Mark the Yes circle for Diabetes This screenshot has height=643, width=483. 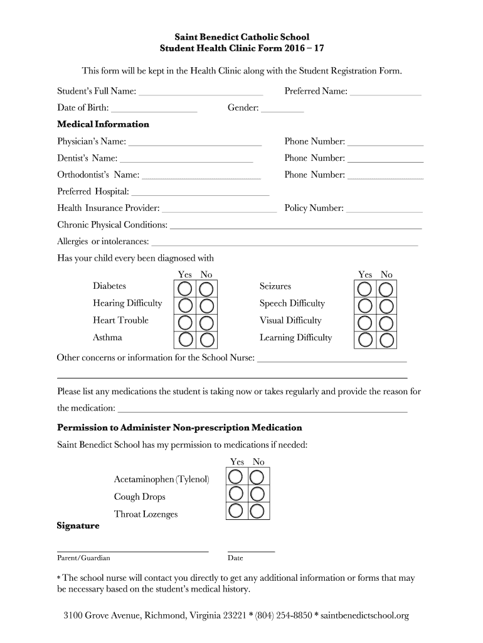click(x=185, y=289)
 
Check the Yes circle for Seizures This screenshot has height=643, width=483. click(x=364, y=289)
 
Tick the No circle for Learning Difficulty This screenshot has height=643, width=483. click(x=386, y=340)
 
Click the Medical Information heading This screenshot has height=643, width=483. click(x=103, y=124)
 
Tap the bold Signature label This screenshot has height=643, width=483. click(x=78, y=526)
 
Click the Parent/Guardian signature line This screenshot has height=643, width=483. click(x=132, y=551)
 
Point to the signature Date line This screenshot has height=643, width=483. click(x=251, y=551)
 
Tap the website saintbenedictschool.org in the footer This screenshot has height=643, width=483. click(x=364, y=615)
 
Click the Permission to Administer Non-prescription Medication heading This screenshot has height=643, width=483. click(x=179, y=428)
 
